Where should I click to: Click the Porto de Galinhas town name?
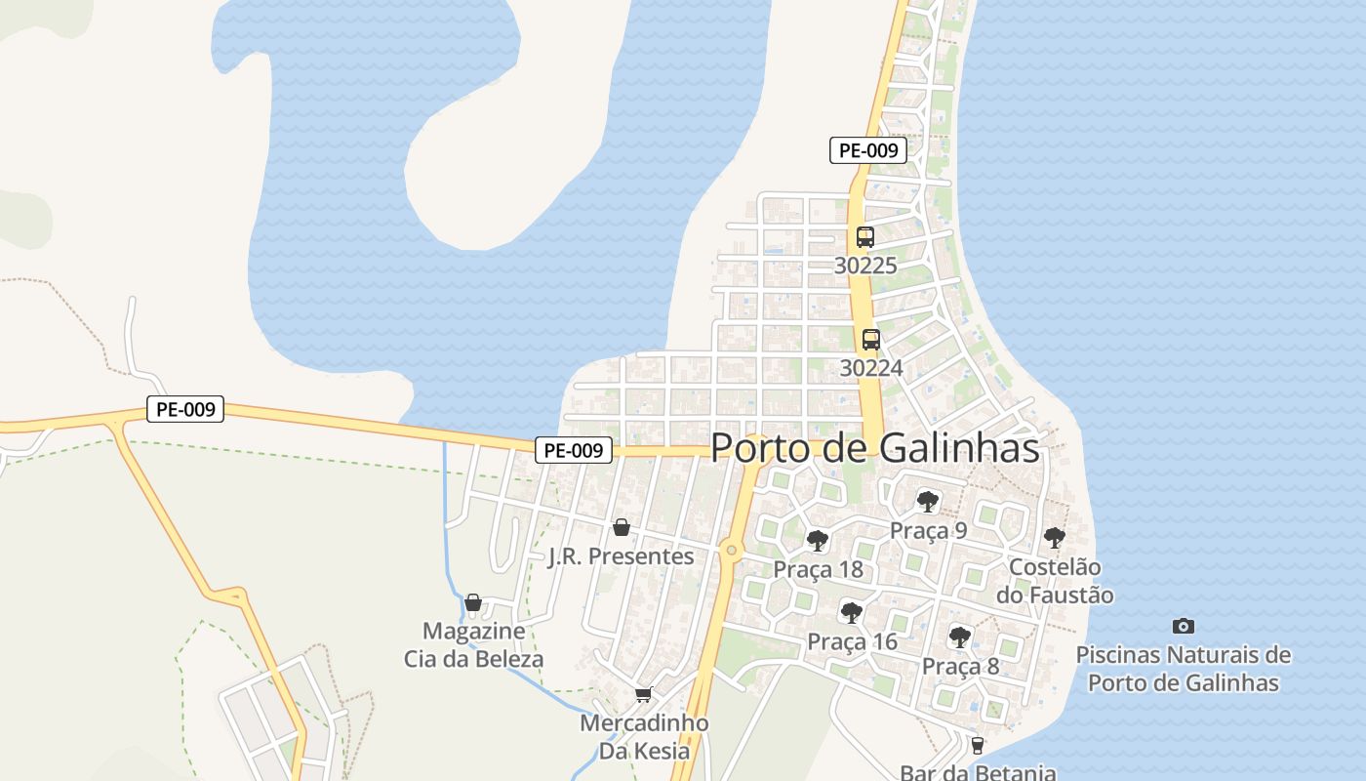874,448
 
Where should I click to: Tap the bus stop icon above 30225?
864,236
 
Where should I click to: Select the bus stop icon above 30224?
870,340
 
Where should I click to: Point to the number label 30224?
870,368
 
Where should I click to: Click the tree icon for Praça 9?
927,502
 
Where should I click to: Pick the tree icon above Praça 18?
818,540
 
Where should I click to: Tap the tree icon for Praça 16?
851,613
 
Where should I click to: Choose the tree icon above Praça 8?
960,637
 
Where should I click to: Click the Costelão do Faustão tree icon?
1054,537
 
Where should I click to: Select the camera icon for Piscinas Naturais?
1183,626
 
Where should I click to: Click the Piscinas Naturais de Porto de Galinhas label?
1183,669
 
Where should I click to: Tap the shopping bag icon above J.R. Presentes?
621,528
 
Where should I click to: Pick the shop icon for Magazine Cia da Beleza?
473,602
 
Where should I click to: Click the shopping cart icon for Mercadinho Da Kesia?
642,695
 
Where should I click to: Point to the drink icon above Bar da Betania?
977,746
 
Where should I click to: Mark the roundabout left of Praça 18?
732,551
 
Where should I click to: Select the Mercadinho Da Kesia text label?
644,737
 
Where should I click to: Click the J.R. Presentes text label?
621,556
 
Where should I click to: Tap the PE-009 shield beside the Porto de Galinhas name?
574,450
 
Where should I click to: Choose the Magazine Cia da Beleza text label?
473,645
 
